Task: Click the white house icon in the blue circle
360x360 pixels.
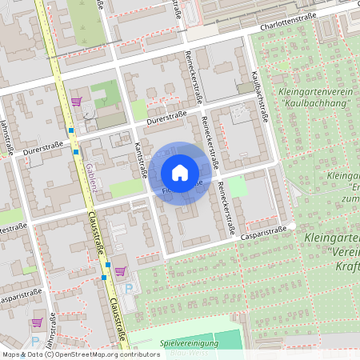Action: [x=180, y=172]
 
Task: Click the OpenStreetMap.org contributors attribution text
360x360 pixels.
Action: [x=106, y=354]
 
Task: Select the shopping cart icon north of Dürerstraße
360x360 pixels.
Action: [x=77, y=102]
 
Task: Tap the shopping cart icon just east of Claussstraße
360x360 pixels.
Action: [x=120, y=270]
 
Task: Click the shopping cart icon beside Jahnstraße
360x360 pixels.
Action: [x=37, y=323]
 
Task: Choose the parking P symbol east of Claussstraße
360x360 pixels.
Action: [x=128, y=288]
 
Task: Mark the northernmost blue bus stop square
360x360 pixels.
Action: [x=71, y=130]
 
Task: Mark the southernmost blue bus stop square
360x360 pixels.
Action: [x=104, y=278]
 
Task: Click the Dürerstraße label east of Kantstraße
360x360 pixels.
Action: [x=166, y=119]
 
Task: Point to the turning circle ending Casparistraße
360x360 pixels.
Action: [x=293, y=226]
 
